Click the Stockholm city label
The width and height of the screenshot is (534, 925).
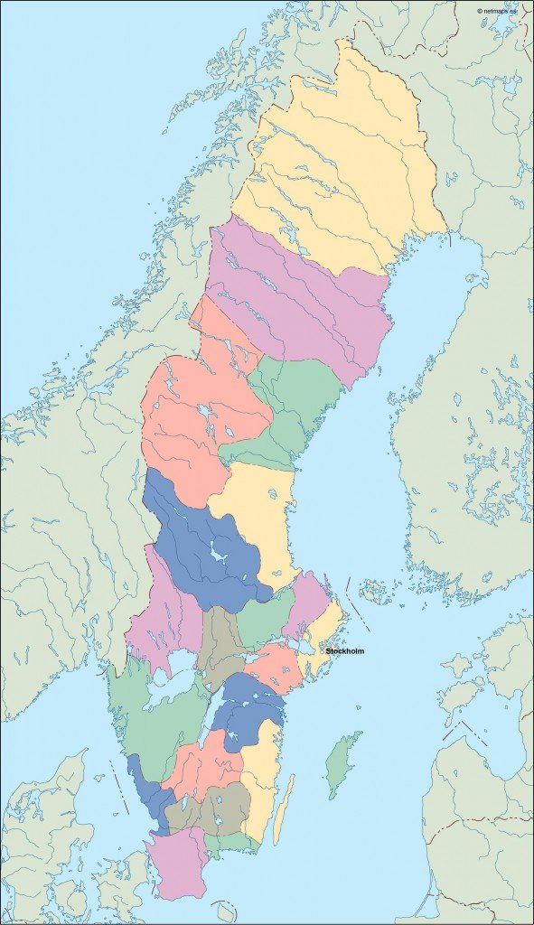click(346, 650)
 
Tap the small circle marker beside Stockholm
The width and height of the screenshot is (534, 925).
click(323, 650)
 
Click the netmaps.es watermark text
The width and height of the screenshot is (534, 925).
click(498, 11)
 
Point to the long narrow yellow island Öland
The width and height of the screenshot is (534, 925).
click(284, 808)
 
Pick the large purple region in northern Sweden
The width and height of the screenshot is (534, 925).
click(298, 298)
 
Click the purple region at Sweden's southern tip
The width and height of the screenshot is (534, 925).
click(176, 863)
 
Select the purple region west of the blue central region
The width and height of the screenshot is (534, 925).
click(163, 614)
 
